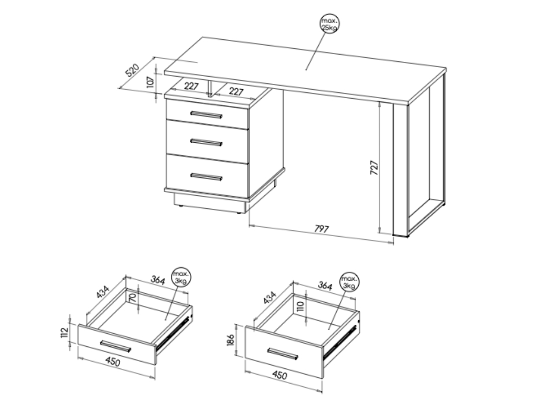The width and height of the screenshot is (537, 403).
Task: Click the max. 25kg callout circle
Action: click(x=329, y=24)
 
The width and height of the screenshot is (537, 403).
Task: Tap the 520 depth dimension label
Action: click(x=133, y=70)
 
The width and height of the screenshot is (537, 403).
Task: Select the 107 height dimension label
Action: click(x=151, y=82)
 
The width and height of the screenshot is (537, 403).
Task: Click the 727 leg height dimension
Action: click(x=374, y=167)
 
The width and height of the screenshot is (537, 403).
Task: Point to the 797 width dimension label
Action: click(x=321, y=229)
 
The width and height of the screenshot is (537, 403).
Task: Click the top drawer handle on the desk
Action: click(x=207, y=114)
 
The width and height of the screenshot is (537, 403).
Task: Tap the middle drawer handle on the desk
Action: click(x=207, y=142)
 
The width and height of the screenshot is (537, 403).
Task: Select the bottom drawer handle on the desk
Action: click(x=207, y=177)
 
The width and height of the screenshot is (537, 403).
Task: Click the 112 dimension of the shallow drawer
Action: click(x=65, y=332)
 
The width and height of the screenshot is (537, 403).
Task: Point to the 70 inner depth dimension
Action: click(x=133, y=297)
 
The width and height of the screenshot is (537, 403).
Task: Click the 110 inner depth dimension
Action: click(x=300, y=305)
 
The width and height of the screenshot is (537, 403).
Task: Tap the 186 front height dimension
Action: click(x=231, y=340)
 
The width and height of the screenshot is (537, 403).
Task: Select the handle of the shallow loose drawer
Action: click(x=116, y=346)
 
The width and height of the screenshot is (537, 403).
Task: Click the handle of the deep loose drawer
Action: click(x=283, y=354)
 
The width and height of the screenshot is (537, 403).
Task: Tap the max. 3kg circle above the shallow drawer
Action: click(x=181, y=277)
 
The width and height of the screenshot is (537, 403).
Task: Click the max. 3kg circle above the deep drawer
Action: click(x=349, y=282)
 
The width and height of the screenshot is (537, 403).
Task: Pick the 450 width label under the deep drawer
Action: click(x=280, y=375)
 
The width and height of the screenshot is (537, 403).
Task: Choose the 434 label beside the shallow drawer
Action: click(x=102, y=292)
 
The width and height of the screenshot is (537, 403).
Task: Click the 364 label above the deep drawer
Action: click(x=325, y=285)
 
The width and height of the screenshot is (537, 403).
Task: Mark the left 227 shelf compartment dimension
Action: click(x=191, y=86)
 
